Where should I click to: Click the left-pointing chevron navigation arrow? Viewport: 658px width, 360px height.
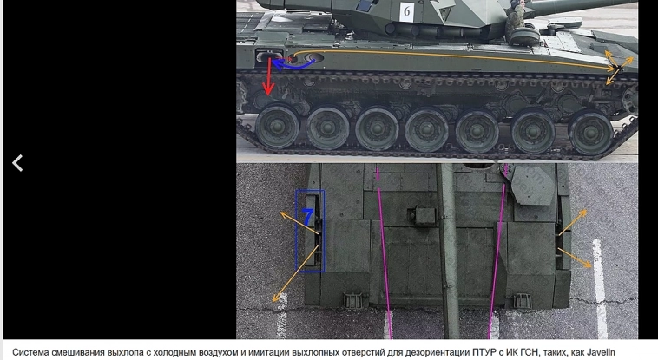tap(17, 163)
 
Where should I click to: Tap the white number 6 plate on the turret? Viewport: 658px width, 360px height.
tap(406, 12)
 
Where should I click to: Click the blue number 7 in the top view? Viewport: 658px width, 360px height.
tap(308, 218)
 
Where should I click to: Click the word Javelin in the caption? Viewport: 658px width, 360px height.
tap(599, 352)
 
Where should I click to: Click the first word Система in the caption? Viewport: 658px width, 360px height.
tap(28, 352)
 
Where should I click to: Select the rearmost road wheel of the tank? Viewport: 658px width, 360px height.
tap(278, 127)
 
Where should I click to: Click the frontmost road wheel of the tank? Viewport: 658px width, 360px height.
tap(591, 132)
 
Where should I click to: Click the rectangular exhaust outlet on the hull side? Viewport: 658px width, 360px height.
tap(269, 56)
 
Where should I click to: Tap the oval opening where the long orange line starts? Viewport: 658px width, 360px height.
tap(314, 57)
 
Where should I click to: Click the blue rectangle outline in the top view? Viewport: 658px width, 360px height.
tap(296, 231)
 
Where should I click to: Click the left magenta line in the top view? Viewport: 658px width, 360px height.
tap(384, 252)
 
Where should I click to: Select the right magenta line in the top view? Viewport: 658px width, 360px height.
tap(497, 252)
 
